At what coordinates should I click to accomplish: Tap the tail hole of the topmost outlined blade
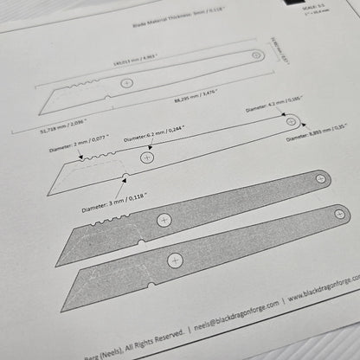click(258, 55)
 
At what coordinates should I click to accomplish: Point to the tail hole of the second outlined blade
click(292, 121)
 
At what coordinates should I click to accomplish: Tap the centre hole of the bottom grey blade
click(177, 259)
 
